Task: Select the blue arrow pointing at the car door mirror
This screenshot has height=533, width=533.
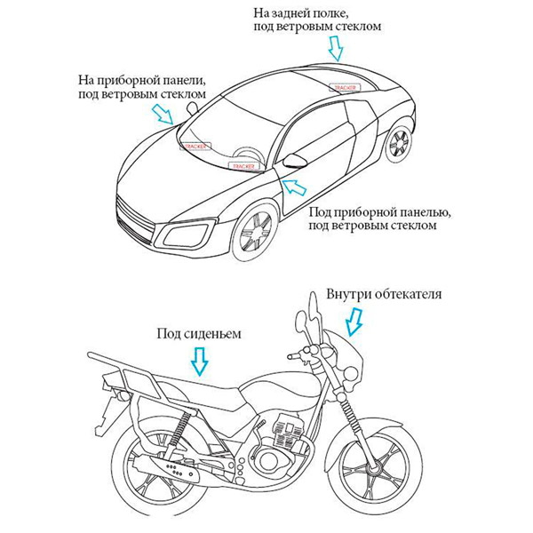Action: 290,187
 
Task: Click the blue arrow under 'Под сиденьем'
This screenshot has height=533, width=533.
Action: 199,361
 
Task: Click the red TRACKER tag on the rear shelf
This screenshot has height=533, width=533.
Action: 343,88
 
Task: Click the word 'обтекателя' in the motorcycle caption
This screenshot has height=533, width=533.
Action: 409,294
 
